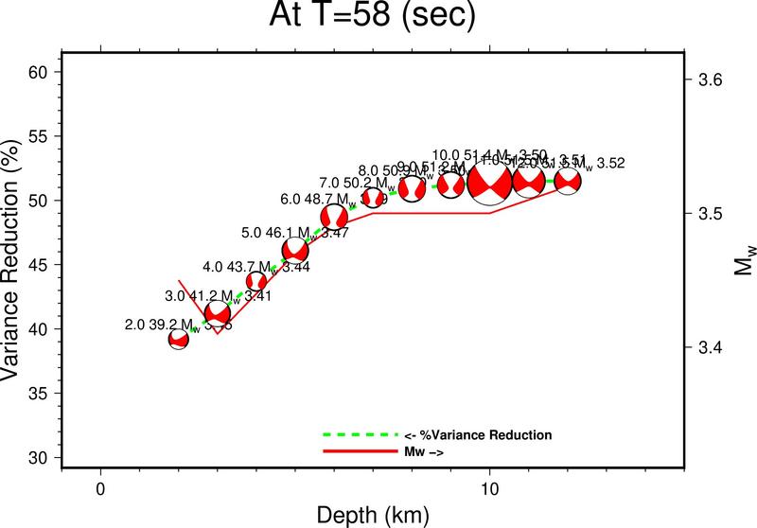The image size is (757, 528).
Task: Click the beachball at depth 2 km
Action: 179,339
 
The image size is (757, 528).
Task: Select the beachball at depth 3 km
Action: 218,313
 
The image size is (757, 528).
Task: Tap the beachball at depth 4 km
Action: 256,281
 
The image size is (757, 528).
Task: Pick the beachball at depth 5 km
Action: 295,250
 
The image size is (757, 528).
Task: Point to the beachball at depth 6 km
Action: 334,217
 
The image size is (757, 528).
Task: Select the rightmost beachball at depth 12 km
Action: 568,181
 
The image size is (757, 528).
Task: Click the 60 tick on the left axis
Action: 44,72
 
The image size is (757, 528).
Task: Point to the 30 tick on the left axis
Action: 44,457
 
